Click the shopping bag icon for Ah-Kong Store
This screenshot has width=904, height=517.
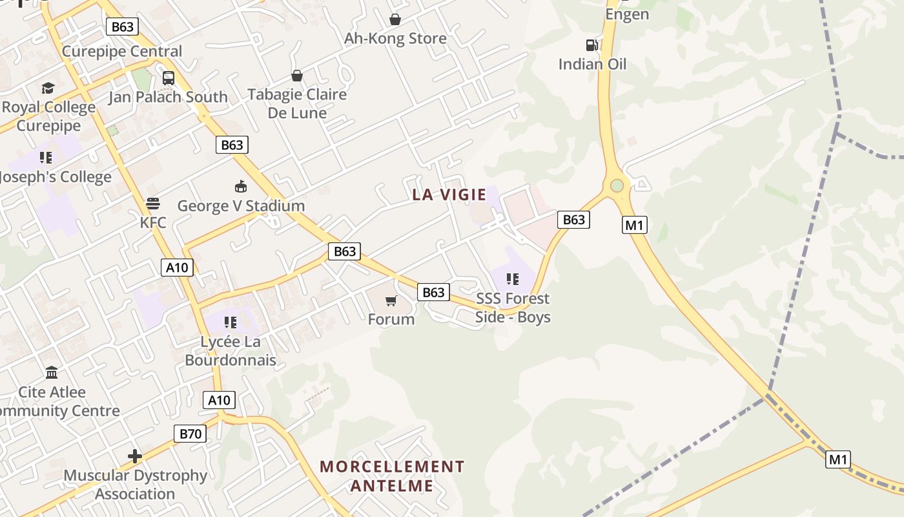click(x=395, y=20)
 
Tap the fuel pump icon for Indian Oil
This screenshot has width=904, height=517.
click(x=591, y=45)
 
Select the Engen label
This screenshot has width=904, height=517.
click(x=626, y=14)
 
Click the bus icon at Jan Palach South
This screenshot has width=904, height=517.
click(x=169, y=78)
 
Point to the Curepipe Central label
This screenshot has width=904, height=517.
click(x=122, y=51)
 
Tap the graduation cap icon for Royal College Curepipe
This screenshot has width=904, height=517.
click(x=48, y=88)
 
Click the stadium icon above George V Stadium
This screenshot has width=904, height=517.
click(x=241, y=187)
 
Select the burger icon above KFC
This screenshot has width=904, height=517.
click(x=153, y=204)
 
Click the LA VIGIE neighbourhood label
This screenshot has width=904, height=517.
click(x=449, y=195)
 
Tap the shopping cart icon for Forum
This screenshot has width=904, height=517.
click(x=391, y=301)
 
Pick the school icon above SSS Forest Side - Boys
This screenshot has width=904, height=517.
click(x=513, y=279)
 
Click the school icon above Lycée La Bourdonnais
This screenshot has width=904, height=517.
click(x=231, y=322)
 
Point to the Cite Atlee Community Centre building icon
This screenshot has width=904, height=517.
click(x=52, y=373)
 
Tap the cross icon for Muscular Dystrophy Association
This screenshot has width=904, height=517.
click(x=134, y=456)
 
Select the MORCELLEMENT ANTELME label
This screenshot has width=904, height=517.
click(x=392, y=476)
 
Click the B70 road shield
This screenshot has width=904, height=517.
click(x=190, y=434)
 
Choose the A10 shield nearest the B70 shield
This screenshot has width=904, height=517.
click(x=219, y=400)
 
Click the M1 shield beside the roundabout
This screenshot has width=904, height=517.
click(x=635, y=225)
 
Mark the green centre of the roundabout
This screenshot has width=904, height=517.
click(x=617, y=186)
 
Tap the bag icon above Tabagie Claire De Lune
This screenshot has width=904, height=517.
click(x=297, y=76)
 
